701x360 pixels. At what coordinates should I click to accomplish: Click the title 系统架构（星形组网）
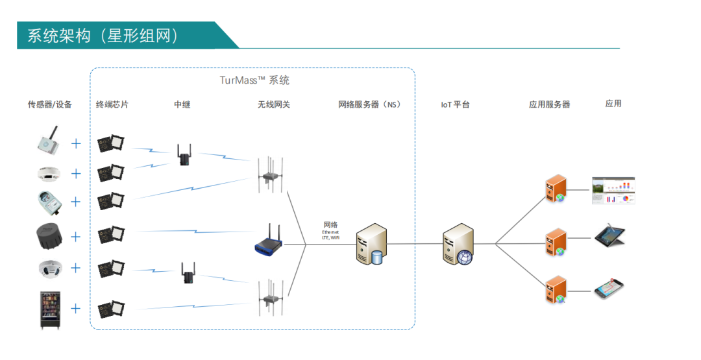pyautogui.click(x=103, y=36)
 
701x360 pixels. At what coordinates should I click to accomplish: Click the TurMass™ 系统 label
pyautogui.click(x=254, y=80)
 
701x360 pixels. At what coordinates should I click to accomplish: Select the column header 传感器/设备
pyautogui.click(x=49, y=104)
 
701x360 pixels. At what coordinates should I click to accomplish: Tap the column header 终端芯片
pyautogui.click(x=112, y=104)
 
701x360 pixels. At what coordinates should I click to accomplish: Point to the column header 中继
pyautogui.click(x=182, y=104)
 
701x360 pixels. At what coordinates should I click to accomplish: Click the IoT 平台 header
pyautogui.click(x=455, y=104)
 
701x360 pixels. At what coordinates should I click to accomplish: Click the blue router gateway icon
pyautogui.click(x=269, y=239)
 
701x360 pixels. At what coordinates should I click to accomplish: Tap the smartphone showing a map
pyautogui.click(x=609, y=289)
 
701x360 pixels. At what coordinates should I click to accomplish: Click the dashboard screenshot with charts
pyautogui.click(x=613, y=190)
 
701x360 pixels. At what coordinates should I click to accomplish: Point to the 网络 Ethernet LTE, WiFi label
pyautogui.click(x=330, y=230)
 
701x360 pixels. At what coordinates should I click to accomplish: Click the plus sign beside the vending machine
pyautogui.click(x=76, y=308)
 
